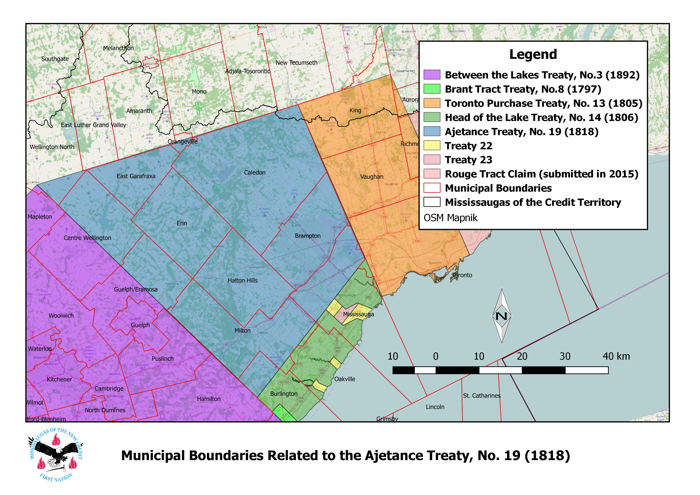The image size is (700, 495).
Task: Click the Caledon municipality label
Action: click(254, 172)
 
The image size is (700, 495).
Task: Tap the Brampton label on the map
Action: click(308, 236)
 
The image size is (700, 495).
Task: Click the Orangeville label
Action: click(183, 142)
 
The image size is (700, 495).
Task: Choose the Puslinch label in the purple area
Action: click(162, 359)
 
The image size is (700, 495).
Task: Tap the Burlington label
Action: click(284, 394)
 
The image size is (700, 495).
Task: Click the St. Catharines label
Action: click(482, 396)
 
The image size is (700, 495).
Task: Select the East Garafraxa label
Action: click(136, 176)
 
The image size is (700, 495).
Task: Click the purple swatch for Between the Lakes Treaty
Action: click(432, 75)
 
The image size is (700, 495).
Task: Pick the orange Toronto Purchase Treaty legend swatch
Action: click(432, 103)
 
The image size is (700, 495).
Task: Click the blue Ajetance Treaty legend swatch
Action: click(432, 131)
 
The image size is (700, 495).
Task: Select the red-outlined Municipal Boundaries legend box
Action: click(432, 188)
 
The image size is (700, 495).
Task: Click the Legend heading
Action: click(533, 54)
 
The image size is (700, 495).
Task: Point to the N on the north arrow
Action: click(502, 316)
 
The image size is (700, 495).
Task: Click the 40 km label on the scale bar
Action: click(616, 356)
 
